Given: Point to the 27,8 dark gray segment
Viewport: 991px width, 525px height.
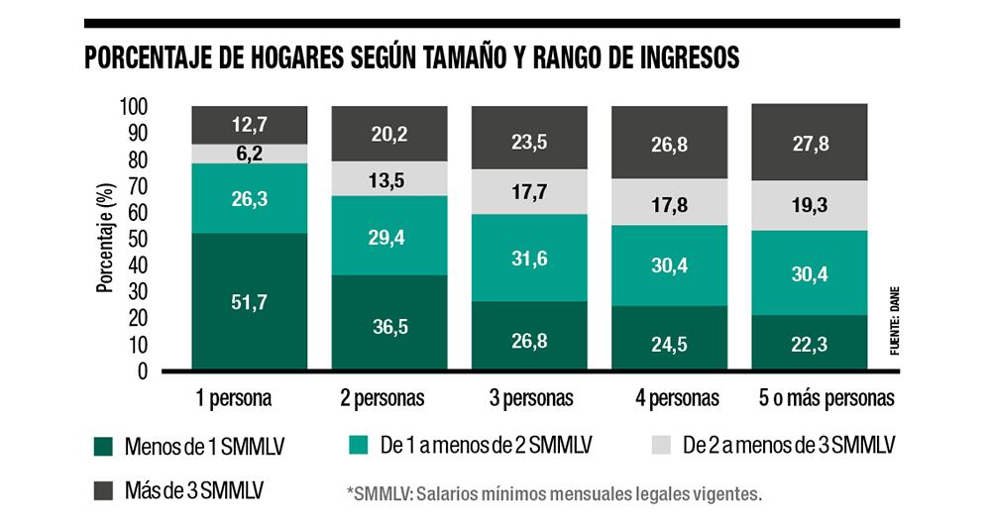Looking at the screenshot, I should pyautogui.click(x=810, y=142).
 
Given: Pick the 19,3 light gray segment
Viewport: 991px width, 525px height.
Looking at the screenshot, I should pyautogui.click(x=810, y=206).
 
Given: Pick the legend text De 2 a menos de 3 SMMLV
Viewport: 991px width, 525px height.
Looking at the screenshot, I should pyautogui.click(x=789, y=446).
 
